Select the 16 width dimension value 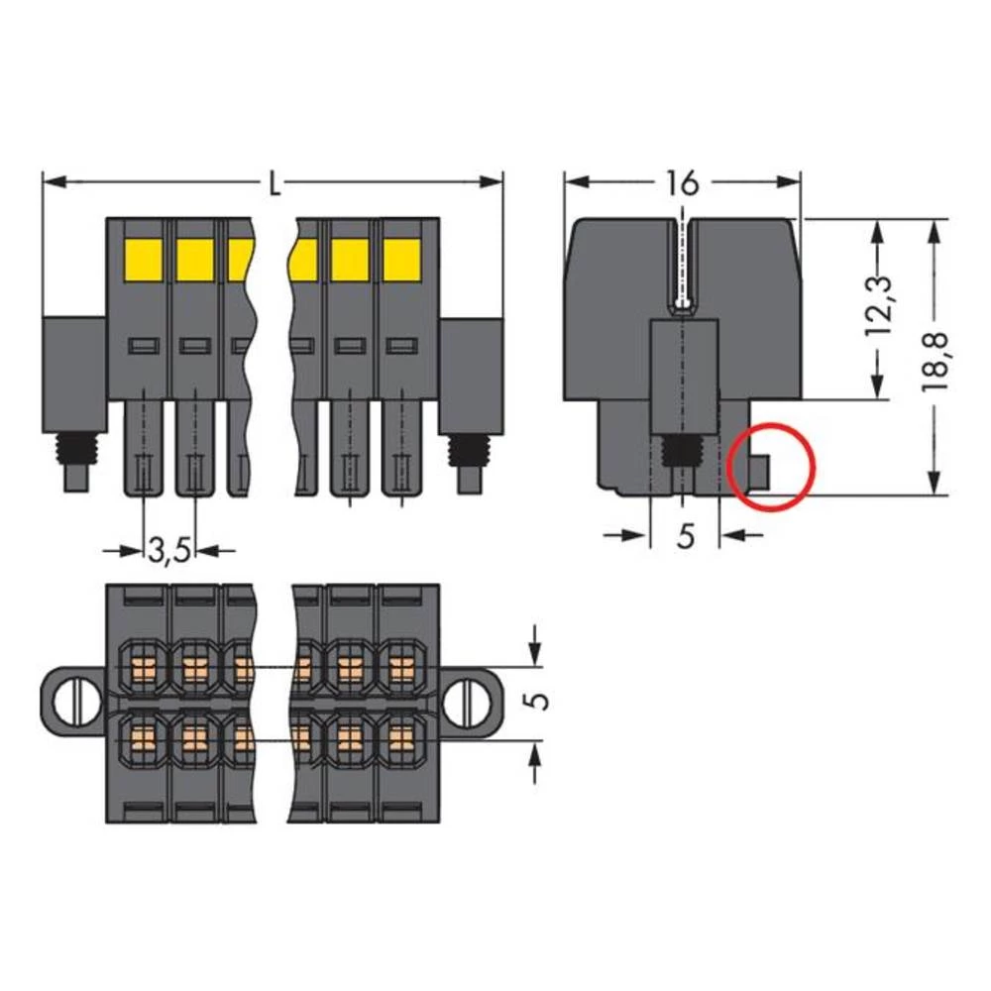682,183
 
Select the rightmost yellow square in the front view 401,260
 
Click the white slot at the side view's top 682,263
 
